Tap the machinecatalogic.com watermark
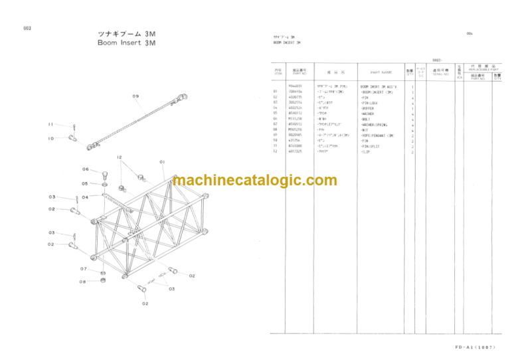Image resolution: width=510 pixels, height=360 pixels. tap(254, 180)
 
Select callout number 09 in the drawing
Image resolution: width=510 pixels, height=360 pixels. tap(135, 97)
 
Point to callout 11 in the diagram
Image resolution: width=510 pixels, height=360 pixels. tap(51, 124)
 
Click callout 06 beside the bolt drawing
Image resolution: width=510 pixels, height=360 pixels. tap(86, 169)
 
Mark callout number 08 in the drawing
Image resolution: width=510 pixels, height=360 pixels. tap(82, 281)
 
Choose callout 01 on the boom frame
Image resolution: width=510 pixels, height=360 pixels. tap(162, 161)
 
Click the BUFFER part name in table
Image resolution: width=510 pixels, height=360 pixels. tap(369, 108)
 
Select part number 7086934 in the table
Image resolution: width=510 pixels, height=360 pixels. tap(294, 92)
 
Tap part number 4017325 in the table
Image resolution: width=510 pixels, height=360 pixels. tap(294, 152)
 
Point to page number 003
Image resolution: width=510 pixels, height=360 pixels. tap(27, 29)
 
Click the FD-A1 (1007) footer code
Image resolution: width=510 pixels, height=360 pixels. tap(475, 347)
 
